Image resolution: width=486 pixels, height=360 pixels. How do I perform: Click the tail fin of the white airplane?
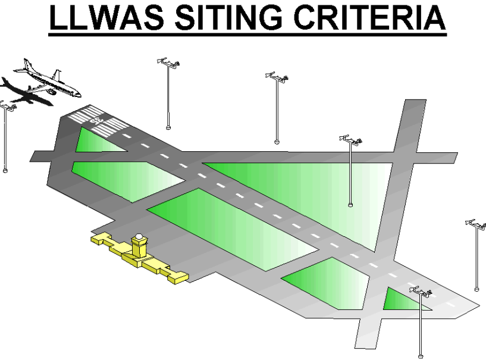pyautogui.click(x=58, y=76)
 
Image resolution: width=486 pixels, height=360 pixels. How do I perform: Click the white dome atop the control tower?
pyautogui.click(x=139, y=237)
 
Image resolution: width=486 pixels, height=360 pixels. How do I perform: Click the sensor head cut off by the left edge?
pyautogui.click(x=4, y=106)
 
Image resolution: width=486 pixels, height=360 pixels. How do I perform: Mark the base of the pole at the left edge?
pyautogui.click(x=5, y=170)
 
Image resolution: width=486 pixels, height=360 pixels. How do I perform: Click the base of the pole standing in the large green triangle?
pyautogui.click(x=350, y=205)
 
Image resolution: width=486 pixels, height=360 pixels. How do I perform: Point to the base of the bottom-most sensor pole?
pyautogui.click(x=421, y=355)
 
